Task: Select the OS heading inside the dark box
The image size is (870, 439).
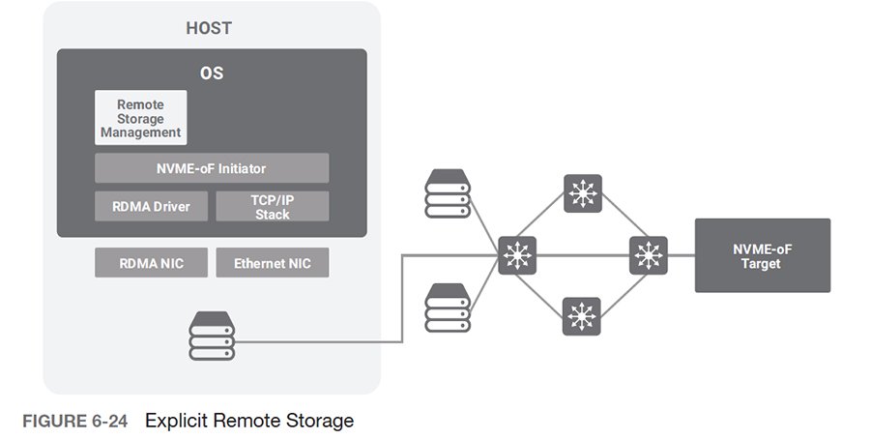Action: (x=211, y=73)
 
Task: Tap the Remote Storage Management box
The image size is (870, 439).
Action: (x=140, y=118)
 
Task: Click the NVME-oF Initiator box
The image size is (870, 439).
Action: (x=211, y=168)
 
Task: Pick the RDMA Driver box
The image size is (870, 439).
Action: (x=150, y=206)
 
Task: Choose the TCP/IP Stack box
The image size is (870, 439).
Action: (x=272, y=206)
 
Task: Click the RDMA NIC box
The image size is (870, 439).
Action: (x=150, y=263)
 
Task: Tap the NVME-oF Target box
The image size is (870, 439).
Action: (x=762, y=255)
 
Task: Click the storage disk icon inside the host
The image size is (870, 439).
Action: (x=212, y=337)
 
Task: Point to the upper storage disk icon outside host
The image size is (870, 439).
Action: (x=448, y=193)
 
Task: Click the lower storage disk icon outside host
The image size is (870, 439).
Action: (x=448, y=307)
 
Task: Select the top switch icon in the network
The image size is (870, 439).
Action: (x=582, y=193)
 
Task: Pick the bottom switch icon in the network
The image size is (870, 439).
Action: (x=582, y=316)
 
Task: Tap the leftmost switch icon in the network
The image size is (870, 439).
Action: (x=519, y=255)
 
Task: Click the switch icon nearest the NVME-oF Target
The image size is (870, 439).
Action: (x=648, y=255)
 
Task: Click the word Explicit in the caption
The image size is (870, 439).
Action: (x=178, y=421)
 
